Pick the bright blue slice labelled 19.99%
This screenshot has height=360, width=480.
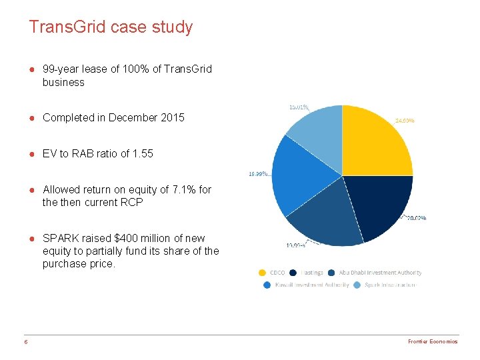pos(300,177)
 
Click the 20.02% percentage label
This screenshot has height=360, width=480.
pos(416,218)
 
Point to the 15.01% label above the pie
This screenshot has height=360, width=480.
pos(298,106)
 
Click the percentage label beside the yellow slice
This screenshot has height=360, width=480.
pos(405,121)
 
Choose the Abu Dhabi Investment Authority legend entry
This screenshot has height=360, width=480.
pos(380,273)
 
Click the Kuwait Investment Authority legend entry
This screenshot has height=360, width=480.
pos(312,285)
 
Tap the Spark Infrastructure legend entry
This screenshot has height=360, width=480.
pos(389,285)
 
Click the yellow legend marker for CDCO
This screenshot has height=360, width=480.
pos(262,273)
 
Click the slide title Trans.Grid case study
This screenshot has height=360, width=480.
pos(111,27)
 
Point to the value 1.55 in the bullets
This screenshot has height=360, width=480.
pos(143,153)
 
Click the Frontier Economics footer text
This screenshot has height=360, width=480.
pos(433,341)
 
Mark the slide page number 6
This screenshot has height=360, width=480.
pos(25,341)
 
